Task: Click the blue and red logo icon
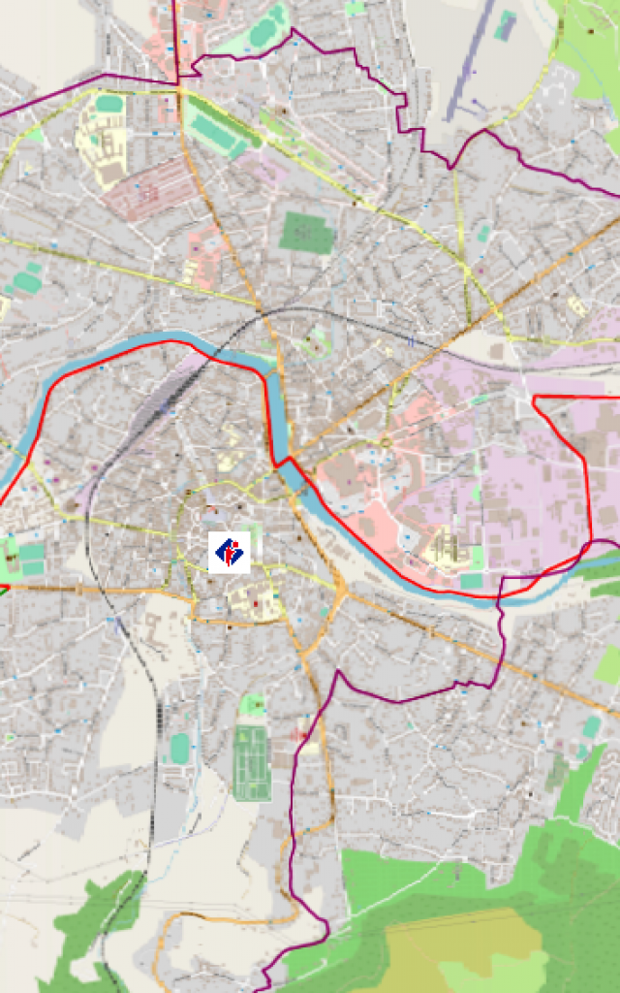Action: tap(230, 552)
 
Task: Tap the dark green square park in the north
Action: tap(307, 232)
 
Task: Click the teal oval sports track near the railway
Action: tap(179, 748)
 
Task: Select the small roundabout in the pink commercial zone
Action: tap(386, 443)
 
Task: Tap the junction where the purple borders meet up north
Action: tap(177, 84)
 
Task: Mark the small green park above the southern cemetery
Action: tap(253, 705)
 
